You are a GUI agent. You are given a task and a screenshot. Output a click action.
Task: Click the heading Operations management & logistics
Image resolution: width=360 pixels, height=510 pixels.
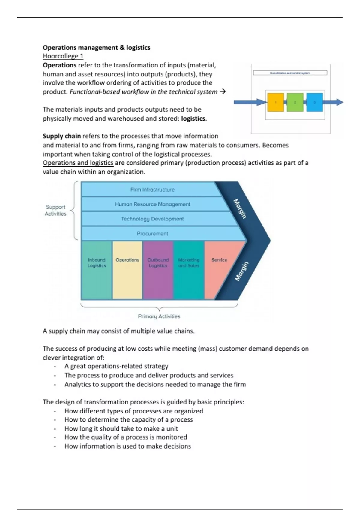click(96, 48)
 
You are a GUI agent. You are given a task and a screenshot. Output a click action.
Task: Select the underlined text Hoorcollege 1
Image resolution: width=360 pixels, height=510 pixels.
click(63, 56)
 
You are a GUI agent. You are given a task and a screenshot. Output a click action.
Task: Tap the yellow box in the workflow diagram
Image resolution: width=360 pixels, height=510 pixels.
click(275, 102)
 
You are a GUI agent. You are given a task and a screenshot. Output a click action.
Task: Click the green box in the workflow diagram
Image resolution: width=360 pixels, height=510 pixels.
click(295, 102)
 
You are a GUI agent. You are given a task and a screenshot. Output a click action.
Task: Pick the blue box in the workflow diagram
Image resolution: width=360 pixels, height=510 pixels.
click(314, 102)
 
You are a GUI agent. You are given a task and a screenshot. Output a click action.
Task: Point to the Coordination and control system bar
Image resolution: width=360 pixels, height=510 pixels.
click(290, 73)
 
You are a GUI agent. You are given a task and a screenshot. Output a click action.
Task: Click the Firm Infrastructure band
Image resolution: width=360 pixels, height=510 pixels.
click(152, 190)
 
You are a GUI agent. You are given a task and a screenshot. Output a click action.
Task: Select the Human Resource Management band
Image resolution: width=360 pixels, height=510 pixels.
click(152, 204)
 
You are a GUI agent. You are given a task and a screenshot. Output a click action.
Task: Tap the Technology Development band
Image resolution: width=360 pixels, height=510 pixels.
click(152, 219)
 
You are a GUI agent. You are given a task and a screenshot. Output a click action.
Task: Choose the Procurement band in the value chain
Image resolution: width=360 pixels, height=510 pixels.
click(152, 234)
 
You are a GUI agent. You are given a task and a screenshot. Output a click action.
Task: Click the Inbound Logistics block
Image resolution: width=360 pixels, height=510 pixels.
click(97, 270)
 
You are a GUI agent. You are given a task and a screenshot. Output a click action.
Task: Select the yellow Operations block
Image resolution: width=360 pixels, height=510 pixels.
click(127, 270)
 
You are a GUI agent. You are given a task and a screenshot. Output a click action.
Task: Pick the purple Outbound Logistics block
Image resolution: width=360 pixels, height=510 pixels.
click(158, 270)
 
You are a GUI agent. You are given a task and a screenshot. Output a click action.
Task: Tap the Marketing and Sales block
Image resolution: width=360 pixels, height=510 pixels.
click(189, 270)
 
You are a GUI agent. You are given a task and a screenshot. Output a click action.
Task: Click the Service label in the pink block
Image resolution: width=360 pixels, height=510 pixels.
click(219, 260)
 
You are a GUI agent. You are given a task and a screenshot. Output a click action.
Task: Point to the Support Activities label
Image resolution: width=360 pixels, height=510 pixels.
click(55, 210)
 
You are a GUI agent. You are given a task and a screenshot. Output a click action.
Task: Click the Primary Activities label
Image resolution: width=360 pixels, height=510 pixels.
click(159, 316)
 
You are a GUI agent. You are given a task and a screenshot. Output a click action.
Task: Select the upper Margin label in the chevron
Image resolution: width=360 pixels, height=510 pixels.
click(240, 209)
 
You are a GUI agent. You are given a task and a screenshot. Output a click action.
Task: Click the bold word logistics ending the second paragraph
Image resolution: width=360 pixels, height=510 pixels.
click(193, 118)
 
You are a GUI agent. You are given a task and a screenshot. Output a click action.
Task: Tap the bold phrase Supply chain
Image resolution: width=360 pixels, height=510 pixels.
click(62, 136)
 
